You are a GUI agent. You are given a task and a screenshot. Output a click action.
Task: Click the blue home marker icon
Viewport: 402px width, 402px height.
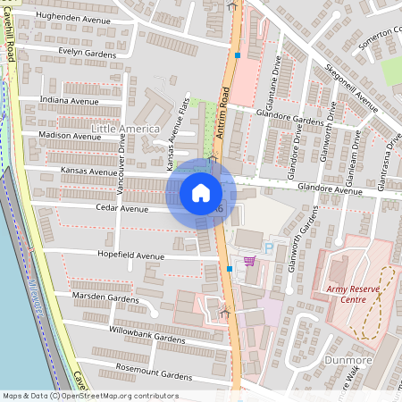(x=201, y=192)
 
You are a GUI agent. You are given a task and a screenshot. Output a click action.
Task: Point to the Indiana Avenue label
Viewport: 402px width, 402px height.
(x=71, y=101)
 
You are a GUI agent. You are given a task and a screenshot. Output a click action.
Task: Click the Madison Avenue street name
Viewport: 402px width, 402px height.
(x=71, y=136)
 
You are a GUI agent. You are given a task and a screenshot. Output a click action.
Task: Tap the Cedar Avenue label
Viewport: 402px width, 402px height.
(x=121, y=208)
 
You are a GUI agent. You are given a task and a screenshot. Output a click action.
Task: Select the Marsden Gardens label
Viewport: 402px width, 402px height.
(x=105, y=298)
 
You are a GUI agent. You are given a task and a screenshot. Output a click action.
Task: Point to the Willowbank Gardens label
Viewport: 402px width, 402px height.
(x=142, y=339)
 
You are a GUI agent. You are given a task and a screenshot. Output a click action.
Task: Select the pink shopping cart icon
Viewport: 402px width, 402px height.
(x=249, y=261)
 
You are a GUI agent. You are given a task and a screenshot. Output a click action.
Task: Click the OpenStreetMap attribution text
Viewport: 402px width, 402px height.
(x=90, y=396)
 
